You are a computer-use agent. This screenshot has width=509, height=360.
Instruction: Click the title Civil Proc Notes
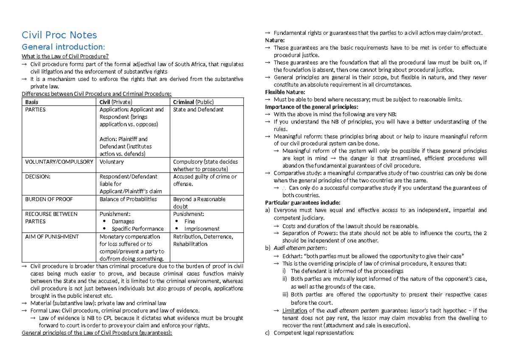point(59,35)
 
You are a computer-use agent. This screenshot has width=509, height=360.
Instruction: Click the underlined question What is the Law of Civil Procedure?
point(65,56)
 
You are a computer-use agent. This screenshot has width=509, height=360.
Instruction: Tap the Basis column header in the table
point(31,102)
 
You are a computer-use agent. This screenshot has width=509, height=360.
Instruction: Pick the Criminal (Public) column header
point(193,102)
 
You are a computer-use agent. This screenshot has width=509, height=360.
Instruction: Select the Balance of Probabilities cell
point(128,199)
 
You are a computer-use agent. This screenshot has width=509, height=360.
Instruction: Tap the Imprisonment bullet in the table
point(202,229)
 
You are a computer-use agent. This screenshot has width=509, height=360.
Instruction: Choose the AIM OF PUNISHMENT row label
point(46,237)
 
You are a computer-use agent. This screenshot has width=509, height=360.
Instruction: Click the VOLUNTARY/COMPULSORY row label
point(53,162)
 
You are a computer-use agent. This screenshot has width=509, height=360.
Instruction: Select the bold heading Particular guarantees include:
point(302,203)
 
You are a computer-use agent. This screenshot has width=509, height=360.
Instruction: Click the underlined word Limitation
point(294,310)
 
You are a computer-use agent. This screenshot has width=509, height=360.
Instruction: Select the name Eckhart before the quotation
point(292,256)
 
